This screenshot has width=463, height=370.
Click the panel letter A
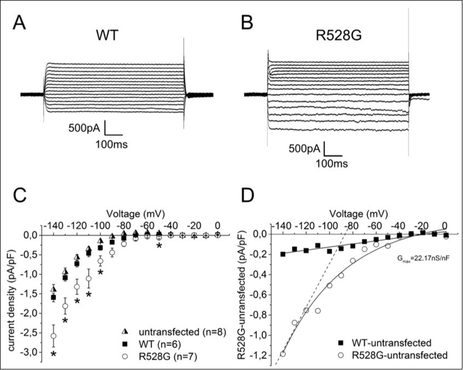[20, 24]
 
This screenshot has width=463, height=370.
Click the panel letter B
[248, 24]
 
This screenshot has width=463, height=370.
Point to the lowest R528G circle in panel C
[54, 335]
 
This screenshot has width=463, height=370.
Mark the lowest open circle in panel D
[283, 354]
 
